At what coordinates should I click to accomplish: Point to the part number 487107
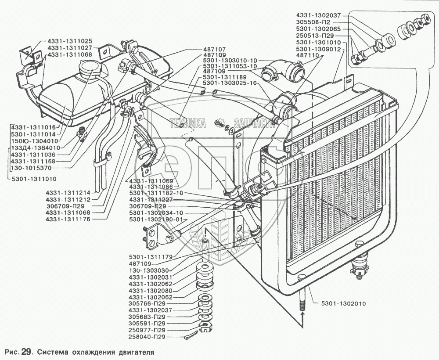click(214, 50)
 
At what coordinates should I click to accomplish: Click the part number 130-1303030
click(153, 271)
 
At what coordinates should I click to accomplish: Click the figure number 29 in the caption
click(26, 352)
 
